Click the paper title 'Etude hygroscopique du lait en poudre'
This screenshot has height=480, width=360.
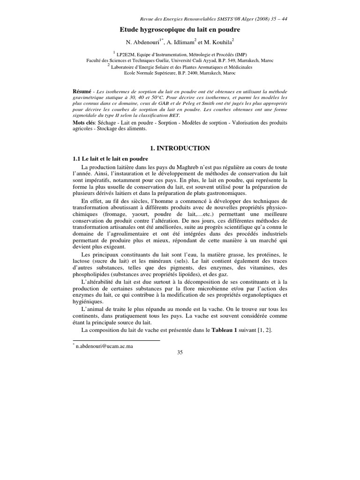coord(180,30)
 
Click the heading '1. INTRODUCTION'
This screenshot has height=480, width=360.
coord(180,148)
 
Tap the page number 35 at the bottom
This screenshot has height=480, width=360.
coord(180,352)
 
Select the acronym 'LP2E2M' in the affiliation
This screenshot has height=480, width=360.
coord(129,54)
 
